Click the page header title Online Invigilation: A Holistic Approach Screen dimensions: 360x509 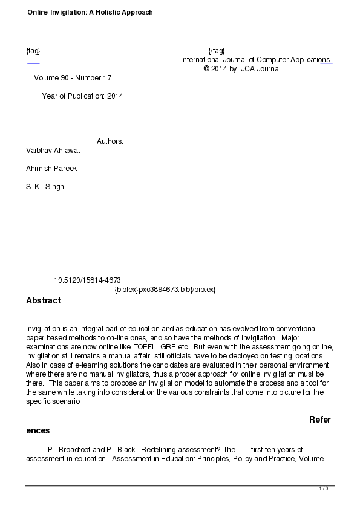click(x=90, y=12)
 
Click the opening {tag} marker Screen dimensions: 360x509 click(x=33, y=50)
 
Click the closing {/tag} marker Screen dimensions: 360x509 click(x=216, y=50)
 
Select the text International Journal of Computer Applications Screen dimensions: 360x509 click(x=255, y=60)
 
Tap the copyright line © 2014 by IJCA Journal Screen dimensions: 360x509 click(x=242, y=69)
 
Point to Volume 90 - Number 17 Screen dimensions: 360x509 click(x=73, y=78)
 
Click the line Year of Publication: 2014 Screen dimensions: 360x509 click(x=82, y=96)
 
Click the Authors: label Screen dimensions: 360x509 click(x=110, y=141)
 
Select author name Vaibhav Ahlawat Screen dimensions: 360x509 click(x=53, y=151)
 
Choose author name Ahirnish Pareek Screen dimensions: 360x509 click(x=51, y=169)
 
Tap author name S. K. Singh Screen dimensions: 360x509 click(x=45, y=187)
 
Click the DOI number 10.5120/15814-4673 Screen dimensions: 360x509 click(x=87, y=280)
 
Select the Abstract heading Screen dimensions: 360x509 click(x=44, y=300)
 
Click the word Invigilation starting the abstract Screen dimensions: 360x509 click(x=45, y=328)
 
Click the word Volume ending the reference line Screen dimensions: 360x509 click(x=313, y=459)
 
